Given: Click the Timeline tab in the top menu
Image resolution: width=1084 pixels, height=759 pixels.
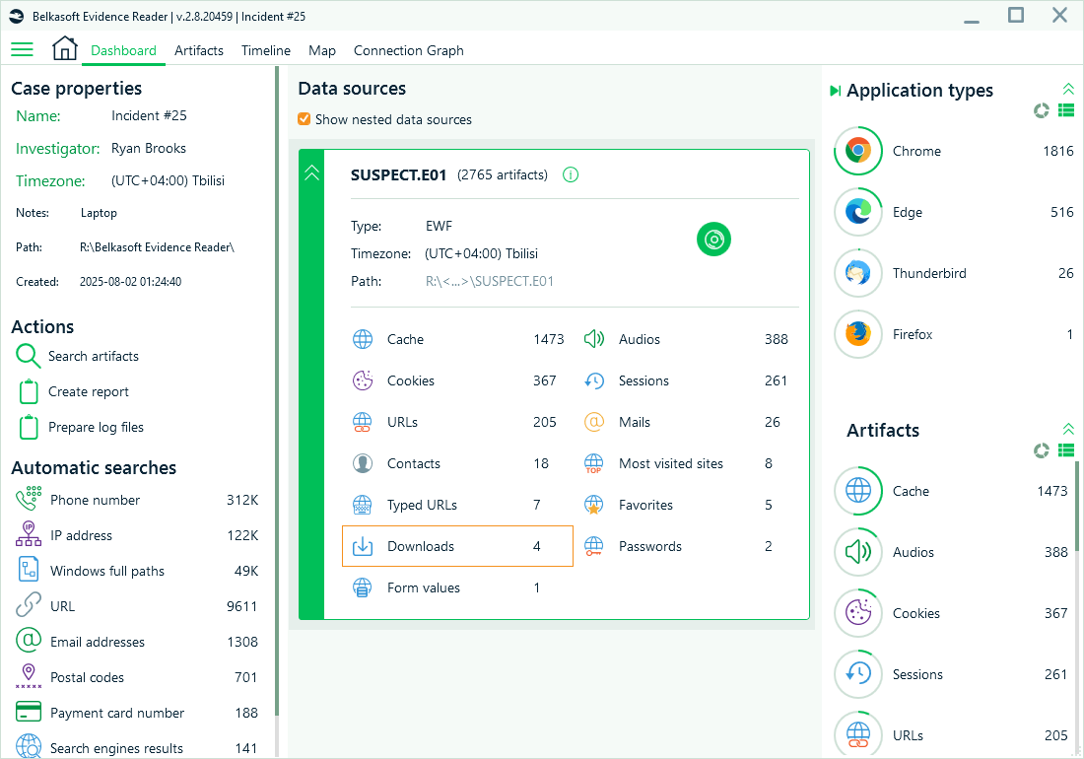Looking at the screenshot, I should click(x=266, y=50).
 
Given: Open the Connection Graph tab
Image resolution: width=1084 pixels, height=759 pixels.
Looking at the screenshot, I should click(x=408, y=50).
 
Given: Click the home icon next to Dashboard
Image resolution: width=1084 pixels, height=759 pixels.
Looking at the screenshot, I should click(x=65, y=48).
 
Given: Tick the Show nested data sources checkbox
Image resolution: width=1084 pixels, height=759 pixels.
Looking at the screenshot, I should click(x=305, y=119).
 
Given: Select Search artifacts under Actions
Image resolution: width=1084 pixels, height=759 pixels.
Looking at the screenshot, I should click(x=94, y=356).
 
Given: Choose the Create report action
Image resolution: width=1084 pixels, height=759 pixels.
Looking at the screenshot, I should click(x=89, y=391).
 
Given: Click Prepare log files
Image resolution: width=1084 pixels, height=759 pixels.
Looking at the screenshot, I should click(x=96, y=427).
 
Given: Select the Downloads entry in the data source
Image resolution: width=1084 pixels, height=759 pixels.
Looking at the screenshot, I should click(x=421, y=546).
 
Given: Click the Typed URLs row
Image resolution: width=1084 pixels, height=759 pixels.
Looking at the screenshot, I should click(x=422, y=505).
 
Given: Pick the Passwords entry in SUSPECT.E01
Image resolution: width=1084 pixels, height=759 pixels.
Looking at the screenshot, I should click(x=650, y=546).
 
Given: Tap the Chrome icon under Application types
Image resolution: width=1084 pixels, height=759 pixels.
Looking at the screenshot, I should click(x=858, y=151).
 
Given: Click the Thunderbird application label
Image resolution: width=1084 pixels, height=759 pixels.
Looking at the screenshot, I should click(x=929, y=273).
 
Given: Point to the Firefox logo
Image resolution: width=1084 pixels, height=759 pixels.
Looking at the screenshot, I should click(x=858, y=334).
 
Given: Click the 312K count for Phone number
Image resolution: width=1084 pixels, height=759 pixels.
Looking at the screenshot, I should click(x=242, y=500).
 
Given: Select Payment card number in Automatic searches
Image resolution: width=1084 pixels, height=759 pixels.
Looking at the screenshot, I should click(x=117, y=713).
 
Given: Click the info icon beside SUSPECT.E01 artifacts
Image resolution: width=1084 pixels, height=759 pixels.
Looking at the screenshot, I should click(x=571, y=174).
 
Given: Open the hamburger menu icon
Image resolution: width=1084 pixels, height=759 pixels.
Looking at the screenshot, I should click(x=22, y=49).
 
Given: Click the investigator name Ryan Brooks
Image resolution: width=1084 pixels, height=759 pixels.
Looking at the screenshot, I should click(x=149, y=148).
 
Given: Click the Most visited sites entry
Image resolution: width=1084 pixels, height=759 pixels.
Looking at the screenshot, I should click(x=671, y=463).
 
